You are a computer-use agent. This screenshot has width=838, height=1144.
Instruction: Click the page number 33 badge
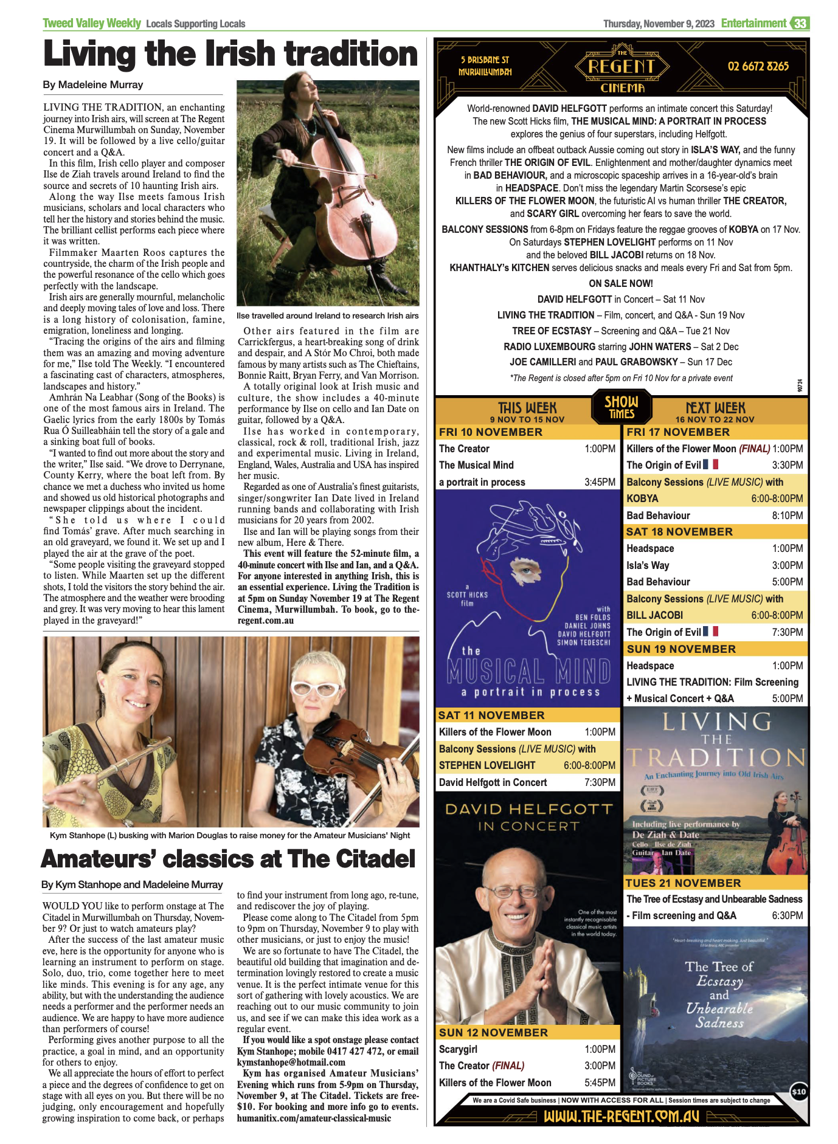(x=800, y=24)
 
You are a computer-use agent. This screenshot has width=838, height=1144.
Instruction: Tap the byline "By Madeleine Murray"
(x=93, y=85)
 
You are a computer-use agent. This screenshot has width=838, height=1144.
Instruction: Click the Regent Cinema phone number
(x=758, y=66)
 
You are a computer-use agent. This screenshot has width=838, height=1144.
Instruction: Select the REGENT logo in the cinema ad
(x=622, y=66)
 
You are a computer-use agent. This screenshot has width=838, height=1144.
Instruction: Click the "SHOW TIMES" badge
(x=622, y=407)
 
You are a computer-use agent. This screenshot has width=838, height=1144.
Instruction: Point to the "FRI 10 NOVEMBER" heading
(x=491, y=432)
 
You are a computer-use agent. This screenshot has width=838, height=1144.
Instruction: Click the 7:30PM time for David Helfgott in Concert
(x=600, y=782)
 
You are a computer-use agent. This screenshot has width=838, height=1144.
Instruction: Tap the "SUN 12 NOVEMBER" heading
(x=493, y=1033)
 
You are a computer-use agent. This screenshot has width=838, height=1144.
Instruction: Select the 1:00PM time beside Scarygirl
(x=600, y=1049)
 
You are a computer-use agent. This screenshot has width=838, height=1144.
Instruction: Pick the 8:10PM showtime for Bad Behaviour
(x=788, y=515)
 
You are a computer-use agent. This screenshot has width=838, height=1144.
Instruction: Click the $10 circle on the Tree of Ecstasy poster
(x=798, y=1092)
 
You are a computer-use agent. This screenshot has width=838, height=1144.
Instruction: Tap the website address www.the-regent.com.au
(x=621, y=1117)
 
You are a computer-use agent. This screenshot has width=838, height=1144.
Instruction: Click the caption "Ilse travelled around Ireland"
(x=327, y=315)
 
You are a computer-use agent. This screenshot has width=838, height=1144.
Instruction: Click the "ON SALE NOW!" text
(x=620, y=283)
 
